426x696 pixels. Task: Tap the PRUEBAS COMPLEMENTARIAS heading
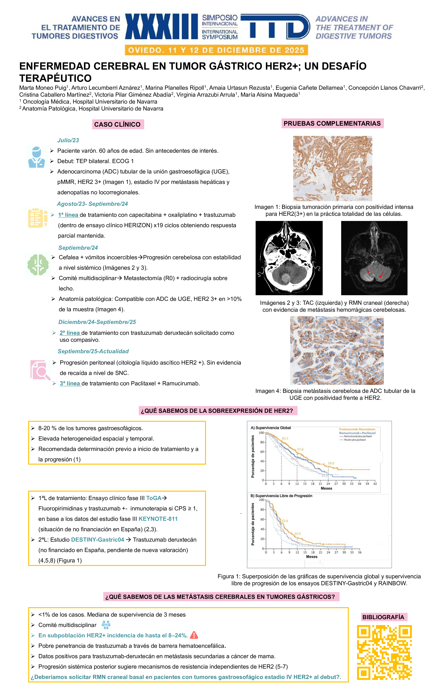(x=332, y=123)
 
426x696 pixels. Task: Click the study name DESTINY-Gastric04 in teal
(x=98, y=540)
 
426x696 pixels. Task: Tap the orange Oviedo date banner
(x=216, y=50)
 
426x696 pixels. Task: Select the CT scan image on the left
(x=289, y=258)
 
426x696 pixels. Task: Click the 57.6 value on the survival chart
(x=300, y=449)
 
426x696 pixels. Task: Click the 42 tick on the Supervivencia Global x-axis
(x=375, y=484)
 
